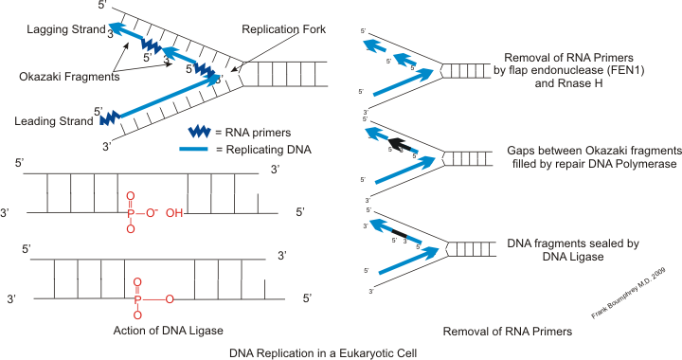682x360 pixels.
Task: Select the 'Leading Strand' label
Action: point(48,121)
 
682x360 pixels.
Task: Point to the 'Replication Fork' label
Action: point(283,29)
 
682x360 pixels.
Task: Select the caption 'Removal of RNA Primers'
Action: point(506,332)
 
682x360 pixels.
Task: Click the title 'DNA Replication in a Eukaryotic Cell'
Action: point(323,351)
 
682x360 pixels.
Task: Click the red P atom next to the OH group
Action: point(133,213)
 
